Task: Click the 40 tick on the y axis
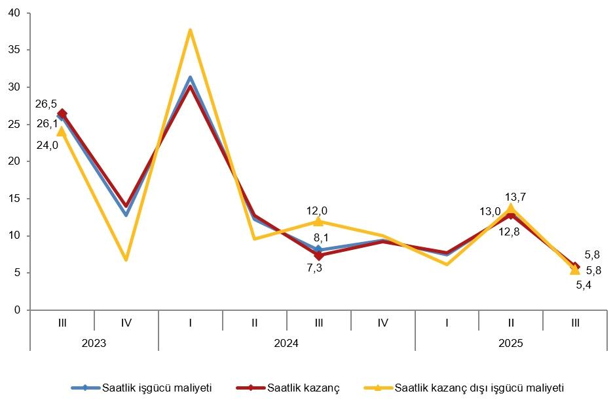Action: pyautogui.click(x=15, y=13)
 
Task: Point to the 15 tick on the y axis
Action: pyautogui.click(x=15, y=199)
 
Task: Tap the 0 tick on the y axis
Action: pyautogui.click(x=18, y=310)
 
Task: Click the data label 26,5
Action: pyautogui.click(x=46, y=103)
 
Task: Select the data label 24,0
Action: pyautogui.click(x=47, y=146)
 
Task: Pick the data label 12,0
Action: pyautogui.click(x=317, y=211)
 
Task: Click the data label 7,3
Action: pyautogui.click(x=314, y=268)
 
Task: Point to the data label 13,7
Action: pyautogui.click(x=516, y=196)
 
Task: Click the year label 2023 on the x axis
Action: pyautogui.click(x=94, y=342)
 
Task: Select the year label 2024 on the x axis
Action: pyautogui.click(x=286, y=342)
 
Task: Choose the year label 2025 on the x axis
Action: pyautogui.click(x=511, y=342)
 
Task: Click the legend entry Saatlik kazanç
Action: pyautogui.click(x=303, y=388)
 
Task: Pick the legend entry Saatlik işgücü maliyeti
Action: pyautogui.click(x=157, y=388)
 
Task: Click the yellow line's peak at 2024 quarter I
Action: pyautogui.click(x=190, y=30)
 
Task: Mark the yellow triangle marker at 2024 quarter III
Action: pyautogui.click(x=318, y=221)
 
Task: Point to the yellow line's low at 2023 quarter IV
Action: pyautogui.click(x=126, y=260)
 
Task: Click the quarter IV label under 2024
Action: pyautogui.click(x=382, y=322)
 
